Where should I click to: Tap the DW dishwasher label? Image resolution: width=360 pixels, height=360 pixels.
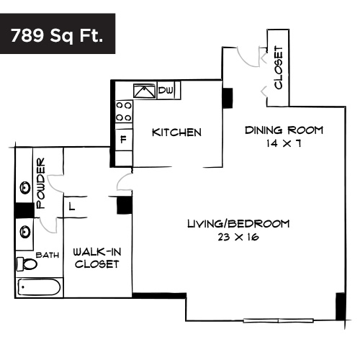click(166, 90)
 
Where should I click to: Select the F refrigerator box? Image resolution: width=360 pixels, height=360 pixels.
click(124, 138)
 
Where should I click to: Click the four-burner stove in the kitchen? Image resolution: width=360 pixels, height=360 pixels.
click(124, 110)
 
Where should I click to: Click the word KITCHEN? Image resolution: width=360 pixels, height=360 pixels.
click(176, 133)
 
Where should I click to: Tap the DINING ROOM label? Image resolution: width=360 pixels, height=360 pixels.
click(284, 130)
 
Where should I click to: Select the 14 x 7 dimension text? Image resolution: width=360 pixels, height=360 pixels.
click(284, 143)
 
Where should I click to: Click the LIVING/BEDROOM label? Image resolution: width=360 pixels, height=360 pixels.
click(238, 224)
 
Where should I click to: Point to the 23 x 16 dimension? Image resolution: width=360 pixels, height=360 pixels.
click(238, 237)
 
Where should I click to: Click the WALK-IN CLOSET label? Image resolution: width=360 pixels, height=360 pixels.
click(96, 258)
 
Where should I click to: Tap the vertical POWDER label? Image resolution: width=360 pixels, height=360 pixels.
click(41, 183)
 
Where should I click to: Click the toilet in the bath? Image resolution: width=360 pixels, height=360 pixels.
click(29, 264)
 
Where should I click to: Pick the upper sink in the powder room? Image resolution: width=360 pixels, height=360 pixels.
click(26, 188)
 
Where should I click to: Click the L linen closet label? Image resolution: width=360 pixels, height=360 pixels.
click(72, 207)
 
